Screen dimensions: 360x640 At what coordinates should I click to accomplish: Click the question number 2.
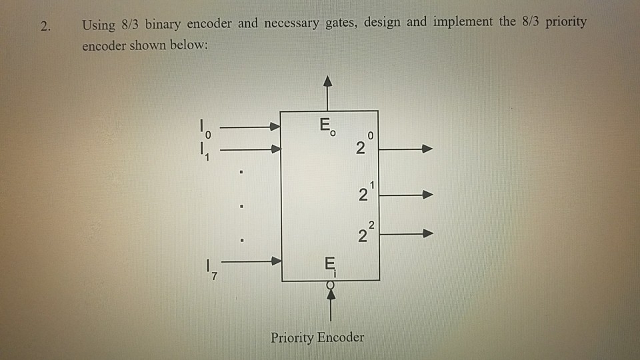[45, 27]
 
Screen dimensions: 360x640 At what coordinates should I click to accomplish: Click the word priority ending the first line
[565, 23]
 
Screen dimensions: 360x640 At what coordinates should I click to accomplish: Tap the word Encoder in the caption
[341, 337]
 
